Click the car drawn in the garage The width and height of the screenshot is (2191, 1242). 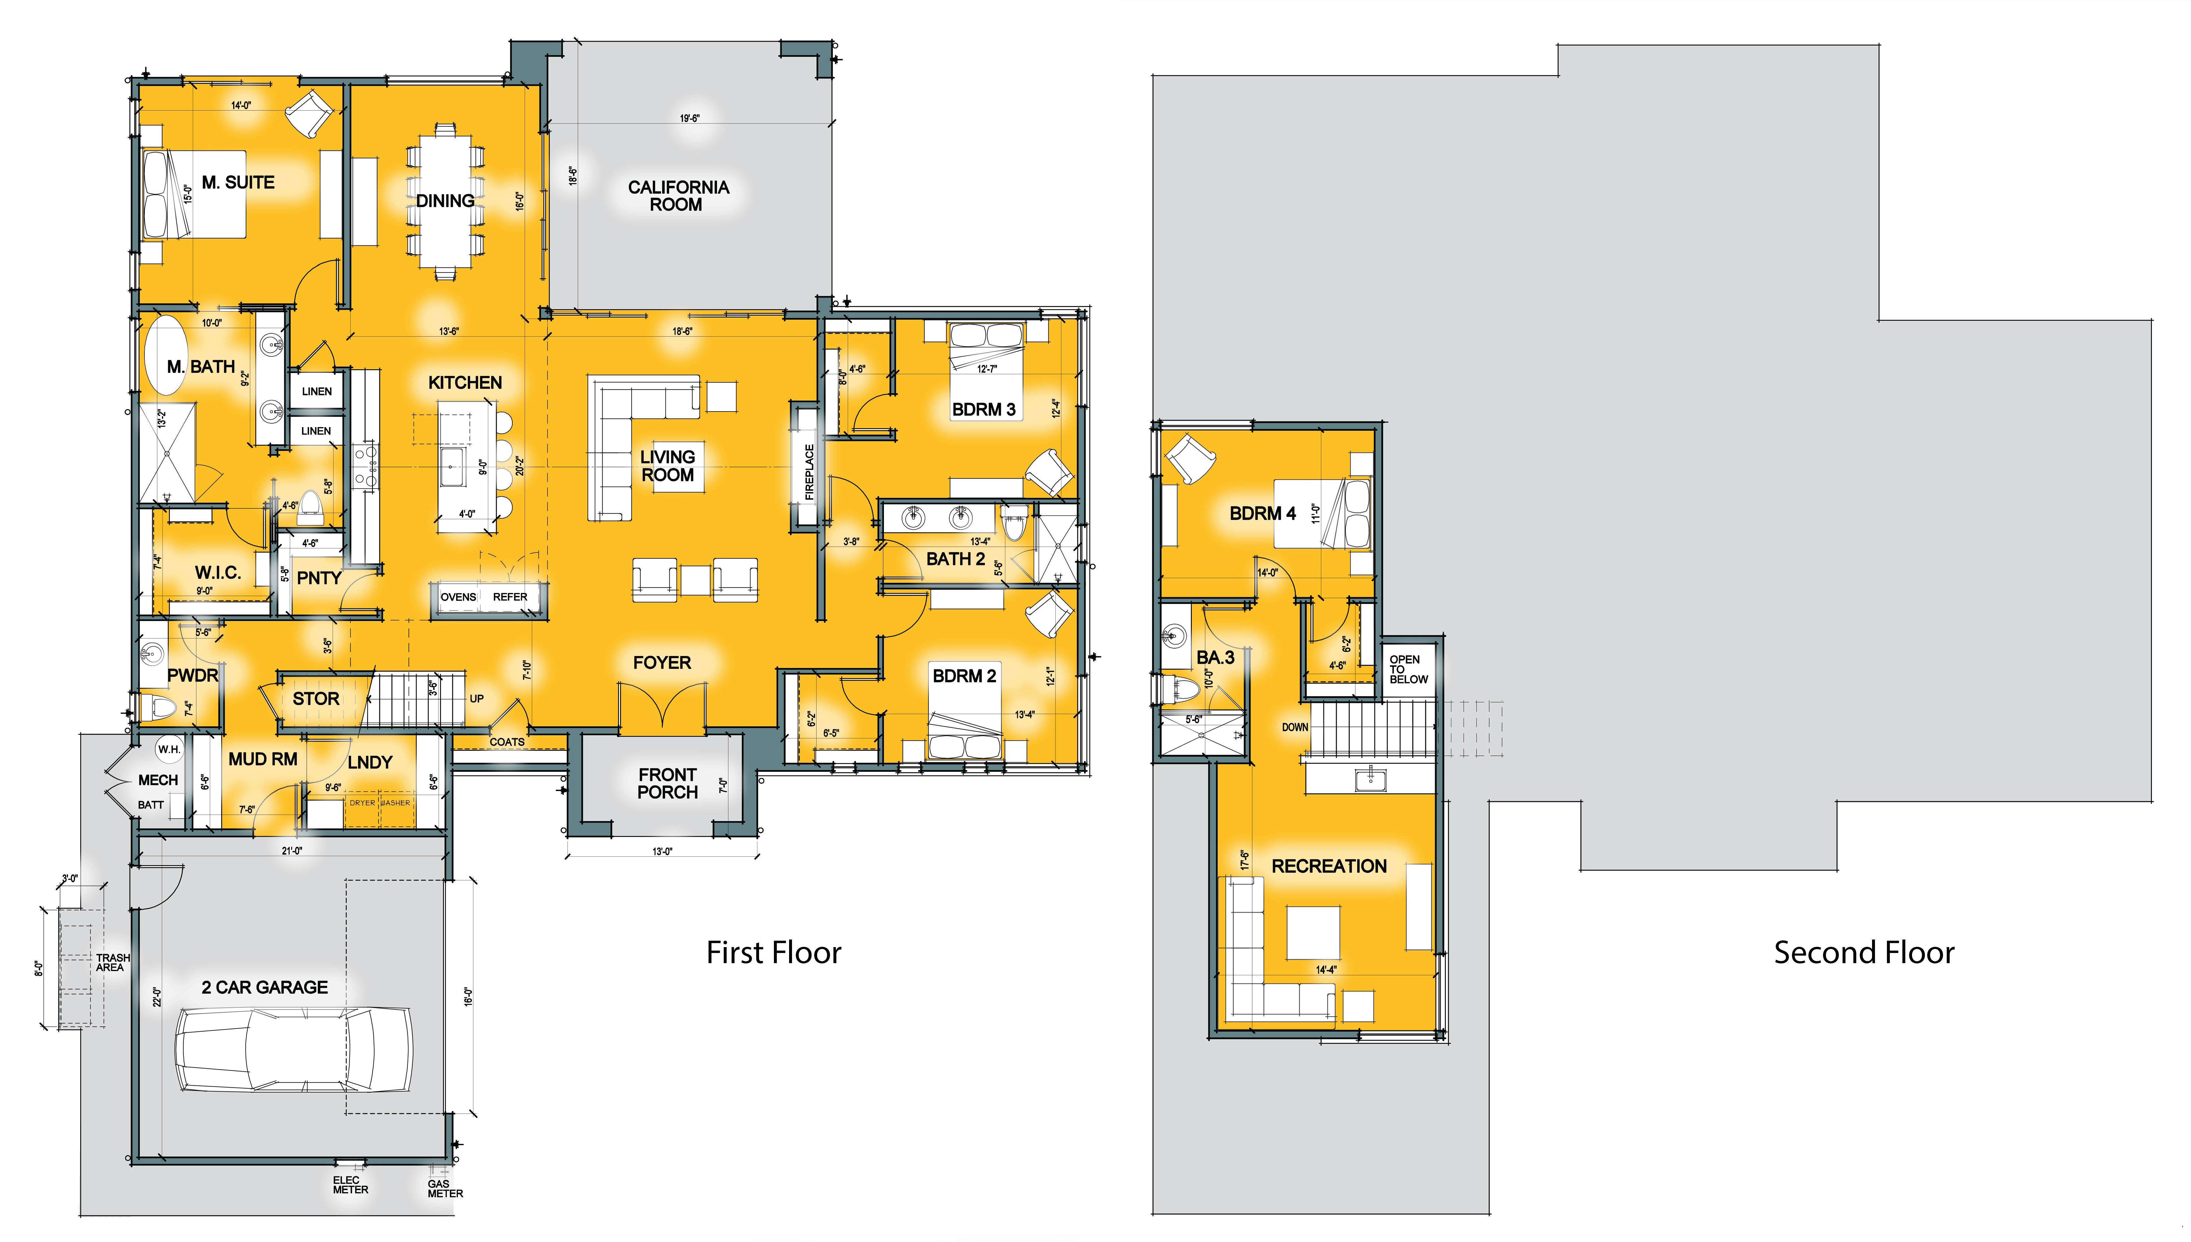[x=294, y=1049]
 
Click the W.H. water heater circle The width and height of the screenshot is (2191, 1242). [x=169, y=749]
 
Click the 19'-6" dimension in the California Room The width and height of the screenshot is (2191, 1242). [x=689, y=118]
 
